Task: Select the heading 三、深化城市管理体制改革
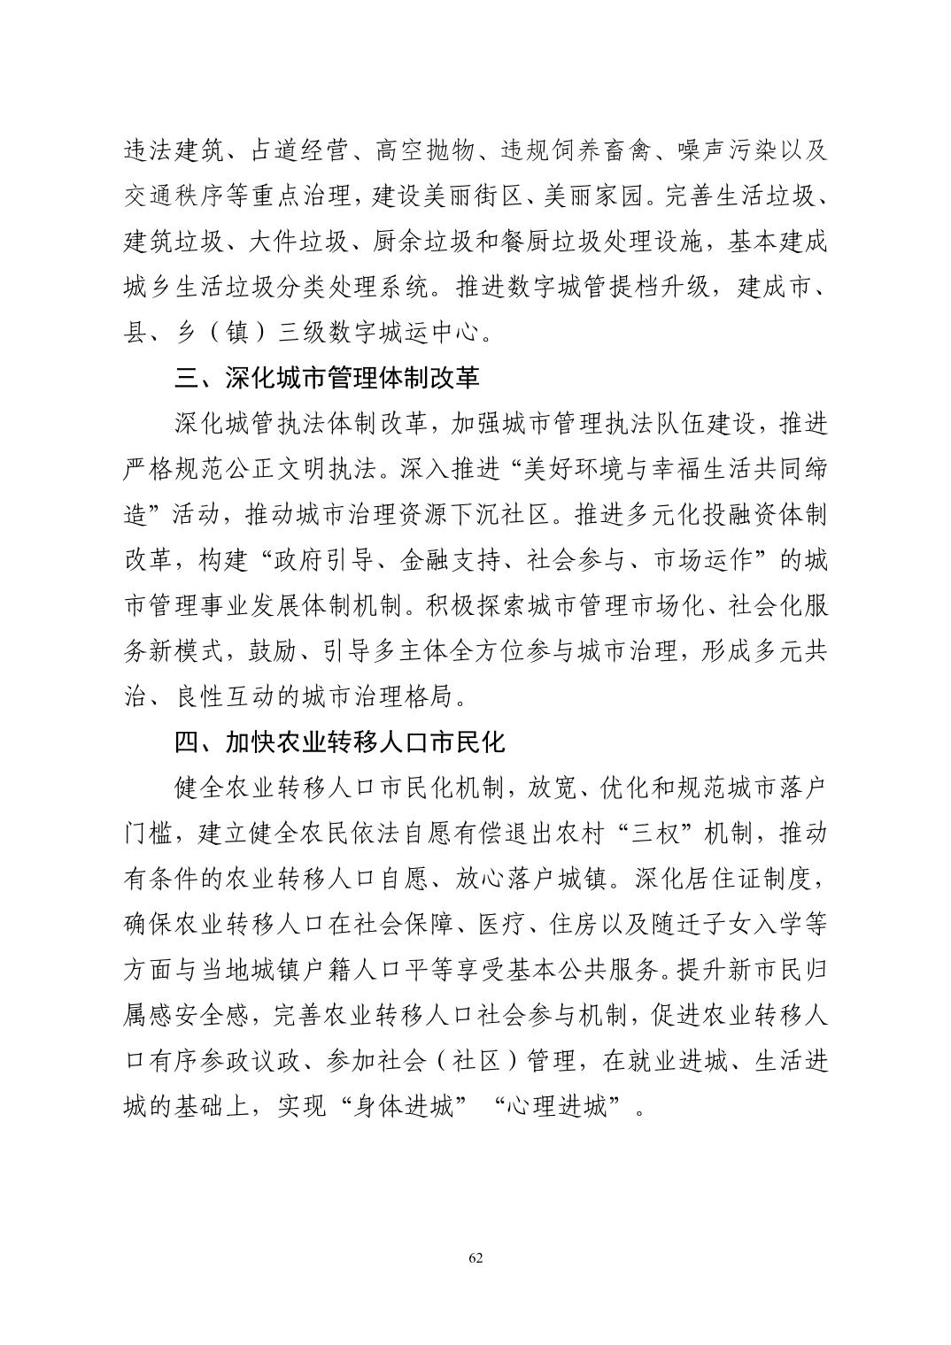327,378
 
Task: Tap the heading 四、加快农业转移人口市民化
339,742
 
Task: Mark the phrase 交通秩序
174,196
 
